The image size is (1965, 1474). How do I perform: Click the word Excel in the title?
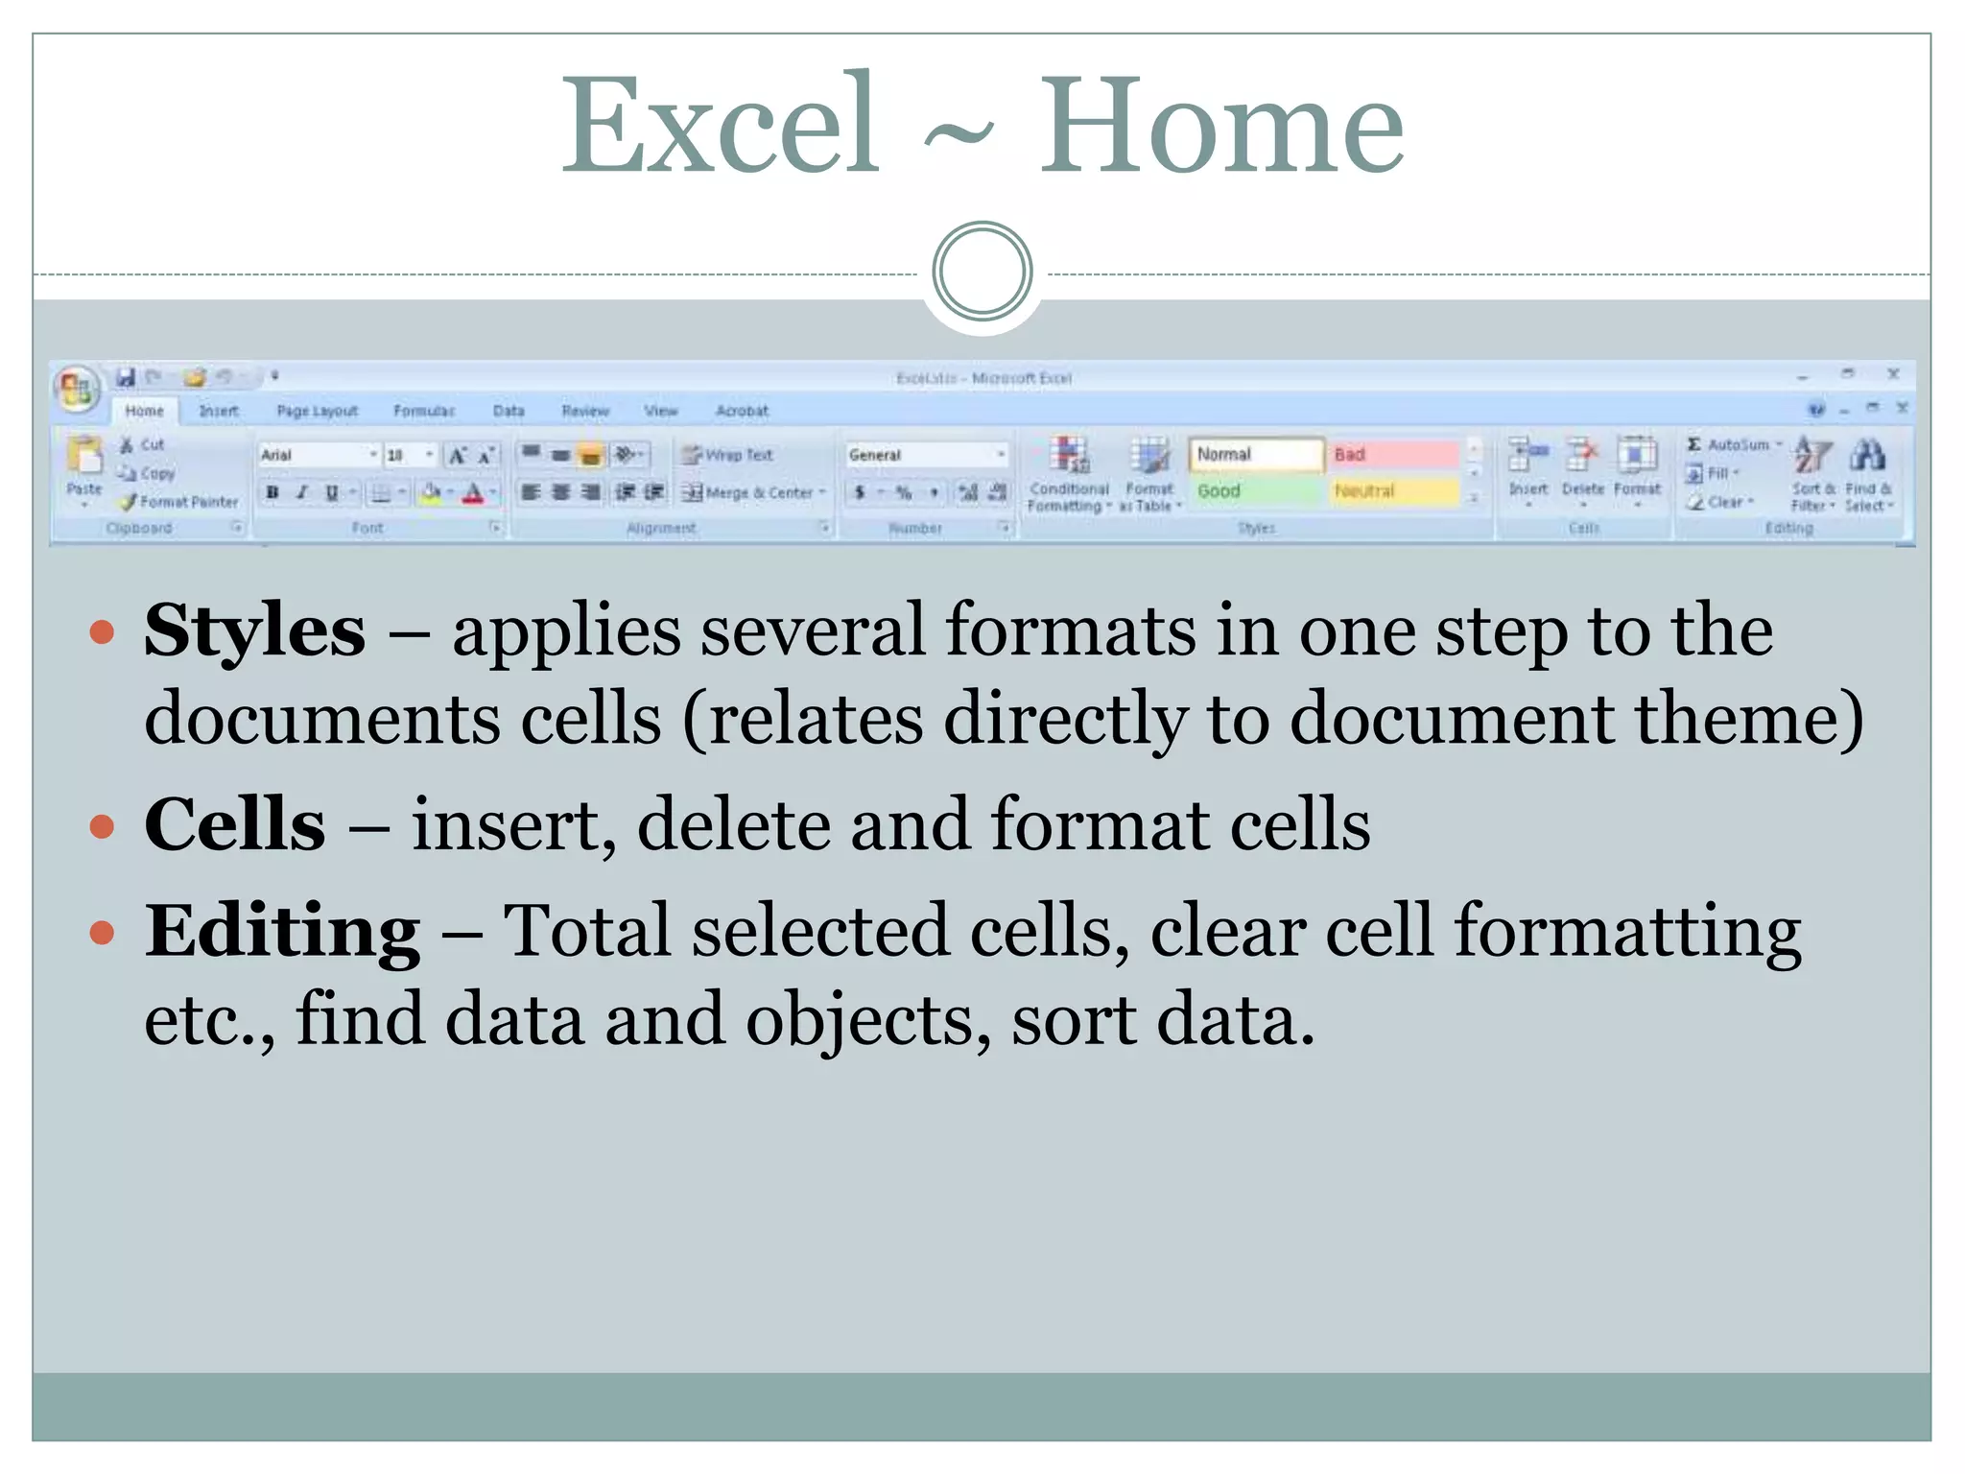point(720,127)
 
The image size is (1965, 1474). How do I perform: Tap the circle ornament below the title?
point(982,272)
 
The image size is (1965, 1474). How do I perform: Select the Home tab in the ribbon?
point(144,411)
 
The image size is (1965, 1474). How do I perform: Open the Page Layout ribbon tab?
point(317,411)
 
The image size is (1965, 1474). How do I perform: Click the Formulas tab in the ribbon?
point(424,411)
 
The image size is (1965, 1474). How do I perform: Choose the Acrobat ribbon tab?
point(742,411)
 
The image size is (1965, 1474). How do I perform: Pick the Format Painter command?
point(180,502)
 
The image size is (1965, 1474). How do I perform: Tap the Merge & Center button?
point(754,492)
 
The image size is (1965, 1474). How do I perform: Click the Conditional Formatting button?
point(1069,473)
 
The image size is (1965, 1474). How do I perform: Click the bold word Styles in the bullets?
point(255,630)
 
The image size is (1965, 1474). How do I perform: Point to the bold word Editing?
point(282,930)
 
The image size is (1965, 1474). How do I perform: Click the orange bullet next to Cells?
point(102,825)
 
